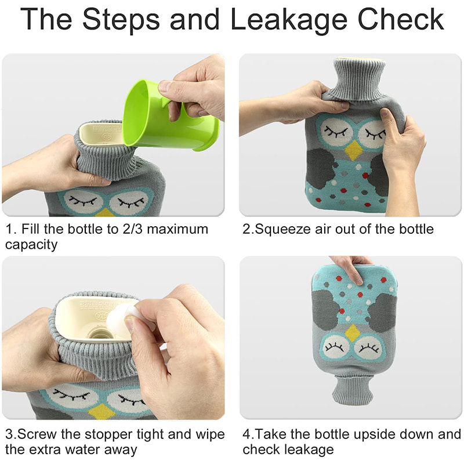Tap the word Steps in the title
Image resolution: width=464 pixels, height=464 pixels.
121,20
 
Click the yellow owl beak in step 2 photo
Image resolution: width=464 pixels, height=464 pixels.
354,150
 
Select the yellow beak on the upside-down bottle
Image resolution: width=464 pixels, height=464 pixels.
353,332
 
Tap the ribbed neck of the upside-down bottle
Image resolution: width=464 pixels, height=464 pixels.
352,390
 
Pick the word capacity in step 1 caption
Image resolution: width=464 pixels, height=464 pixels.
31,245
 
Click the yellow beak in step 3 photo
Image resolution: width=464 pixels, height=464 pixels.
100,411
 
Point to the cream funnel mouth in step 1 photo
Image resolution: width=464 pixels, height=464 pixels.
101,134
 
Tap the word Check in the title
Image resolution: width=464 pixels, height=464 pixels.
401,20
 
